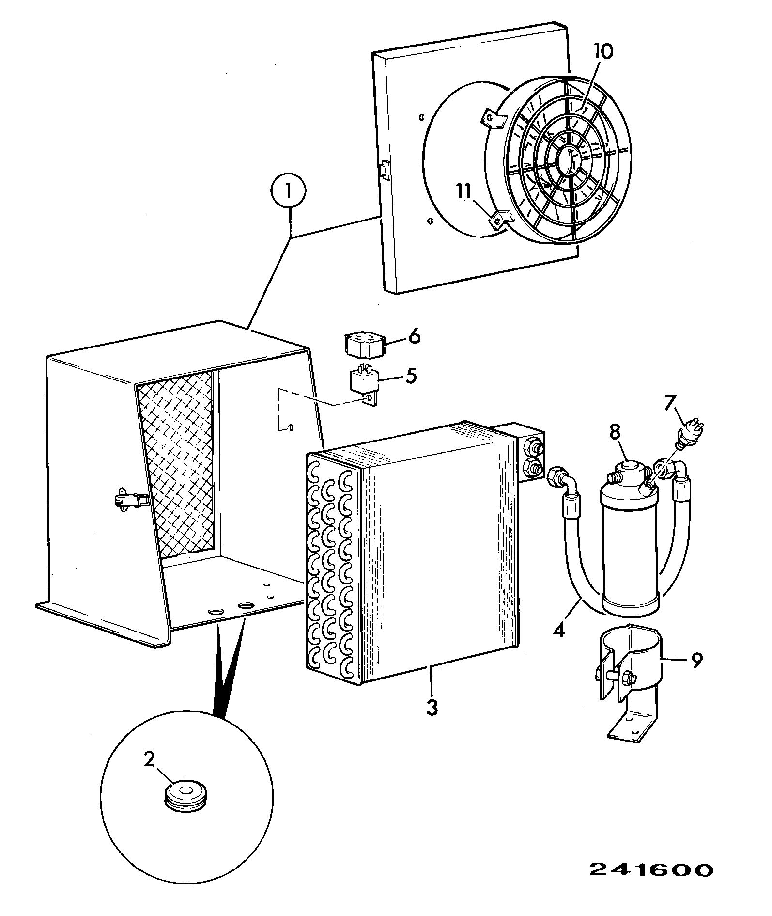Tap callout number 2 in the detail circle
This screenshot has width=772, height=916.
click(x=149, y=759)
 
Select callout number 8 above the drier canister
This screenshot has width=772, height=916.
click(x=615, y=433)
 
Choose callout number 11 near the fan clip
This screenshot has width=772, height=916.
click(x=464, y=192)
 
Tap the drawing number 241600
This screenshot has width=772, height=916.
click(x=651, y=870)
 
